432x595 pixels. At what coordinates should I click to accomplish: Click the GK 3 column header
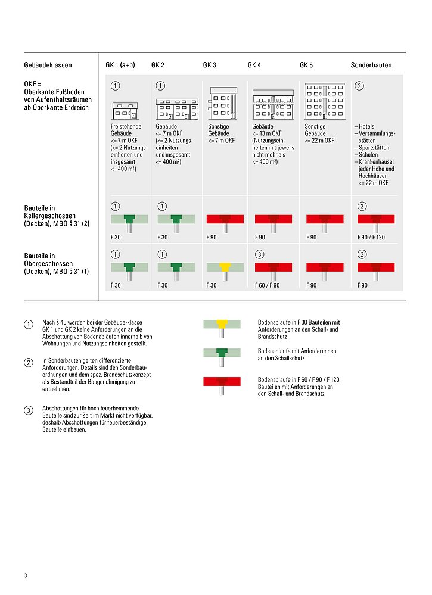[209, 65]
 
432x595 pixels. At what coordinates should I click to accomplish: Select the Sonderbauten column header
[371, 65]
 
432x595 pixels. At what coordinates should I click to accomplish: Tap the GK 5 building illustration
[325, 101]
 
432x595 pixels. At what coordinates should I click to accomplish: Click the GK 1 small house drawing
[125, 110]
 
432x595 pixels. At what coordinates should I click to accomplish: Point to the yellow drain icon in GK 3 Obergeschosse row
[225, 269]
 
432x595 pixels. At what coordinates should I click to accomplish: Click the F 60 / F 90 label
[266, 286]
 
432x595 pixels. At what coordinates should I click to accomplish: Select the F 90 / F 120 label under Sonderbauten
[371, 237]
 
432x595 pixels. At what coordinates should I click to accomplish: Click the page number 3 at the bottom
[26, 575]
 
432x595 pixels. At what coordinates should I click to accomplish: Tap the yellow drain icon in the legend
[222, 326]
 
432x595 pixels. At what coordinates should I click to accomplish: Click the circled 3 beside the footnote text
[28, 410]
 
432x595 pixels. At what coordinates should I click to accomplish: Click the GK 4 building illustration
[274, 105]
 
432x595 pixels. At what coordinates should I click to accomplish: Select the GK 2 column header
[158, 65]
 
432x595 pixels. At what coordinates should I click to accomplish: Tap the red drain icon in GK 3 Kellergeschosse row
[225, 222]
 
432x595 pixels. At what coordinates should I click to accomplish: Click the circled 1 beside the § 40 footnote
[28, 325]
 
